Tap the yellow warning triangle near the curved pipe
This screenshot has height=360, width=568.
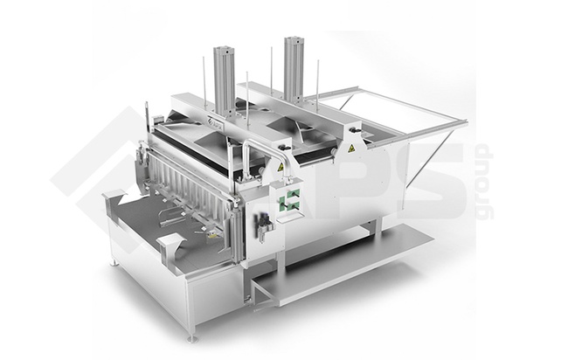coord(280,167)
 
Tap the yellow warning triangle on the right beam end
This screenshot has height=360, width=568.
coord(350,148)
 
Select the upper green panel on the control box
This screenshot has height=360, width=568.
coord(293,195)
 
